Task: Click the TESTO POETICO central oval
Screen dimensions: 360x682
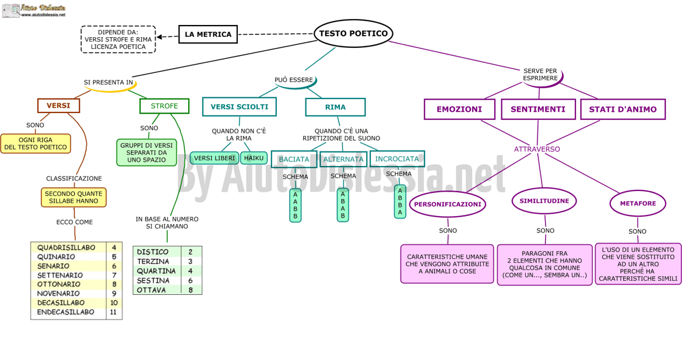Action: (x=353, y=34)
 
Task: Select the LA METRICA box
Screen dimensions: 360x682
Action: (x=208, y=34)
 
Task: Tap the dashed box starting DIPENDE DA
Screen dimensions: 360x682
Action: (x=118, y=40)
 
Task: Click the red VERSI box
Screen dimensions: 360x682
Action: (x=58, y=105)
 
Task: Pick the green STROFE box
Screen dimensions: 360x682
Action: (x=164, y=106)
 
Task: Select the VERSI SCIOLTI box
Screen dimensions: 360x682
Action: (x=240, y=107)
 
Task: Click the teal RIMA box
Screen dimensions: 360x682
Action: (x=335, y=107)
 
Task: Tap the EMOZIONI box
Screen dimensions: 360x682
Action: (x=459, y=109)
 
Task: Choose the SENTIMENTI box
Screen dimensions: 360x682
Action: (x=538, y=109)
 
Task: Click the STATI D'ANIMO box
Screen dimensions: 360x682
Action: (x=623, y=109)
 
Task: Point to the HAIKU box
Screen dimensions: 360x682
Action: (x=254, y=158)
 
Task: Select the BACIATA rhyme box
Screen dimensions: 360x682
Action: (x=294, y=159)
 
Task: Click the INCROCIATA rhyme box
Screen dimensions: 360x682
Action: (x=397, y=158)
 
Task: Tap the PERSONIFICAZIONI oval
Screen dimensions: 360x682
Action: (x=448, y=204)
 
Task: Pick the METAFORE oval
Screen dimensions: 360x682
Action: (x=638, y=203)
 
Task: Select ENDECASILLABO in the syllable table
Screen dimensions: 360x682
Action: (x=66, y=312)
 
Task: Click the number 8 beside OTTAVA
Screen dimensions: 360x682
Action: (x=190, y=290)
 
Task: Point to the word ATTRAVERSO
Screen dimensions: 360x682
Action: (x=537, y=149)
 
